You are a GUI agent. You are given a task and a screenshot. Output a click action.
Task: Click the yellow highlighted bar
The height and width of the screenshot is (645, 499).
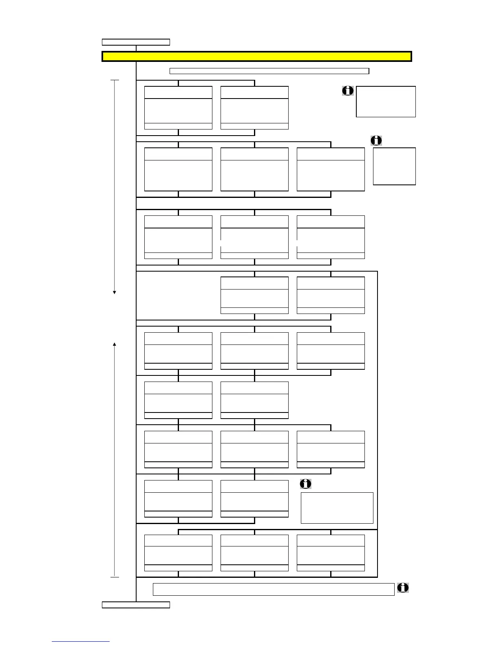point(256,56)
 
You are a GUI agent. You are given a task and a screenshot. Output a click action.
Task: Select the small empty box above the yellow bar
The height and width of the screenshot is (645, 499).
point(136,42)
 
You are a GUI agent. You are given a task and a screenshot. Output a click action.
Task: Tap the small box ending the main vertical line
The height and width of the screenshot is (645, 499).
point(136,605)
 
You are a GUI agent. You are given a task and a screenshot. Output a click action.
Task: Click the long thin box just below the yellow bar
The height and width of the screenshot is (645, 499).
point(269,71)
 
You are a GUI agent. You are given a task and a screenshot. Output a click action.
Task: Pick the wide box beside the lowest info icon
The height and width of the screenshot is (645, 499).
point(274,589)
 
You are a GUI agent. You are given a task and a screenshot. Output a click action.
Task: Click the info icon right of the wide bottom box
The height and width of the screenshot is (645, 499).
point(403,588)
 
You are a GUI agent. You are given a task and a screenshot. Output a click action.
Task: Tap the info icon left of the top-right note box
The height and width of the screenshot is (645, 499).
point(348,90)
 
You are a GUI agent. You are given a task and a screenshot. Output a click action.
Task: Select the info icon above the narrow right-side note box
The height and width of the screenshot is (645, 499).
point(376,140)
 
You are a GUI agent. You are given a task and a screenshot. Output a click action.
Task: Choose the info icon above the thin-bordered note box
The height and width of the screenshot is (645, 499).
point(306,484)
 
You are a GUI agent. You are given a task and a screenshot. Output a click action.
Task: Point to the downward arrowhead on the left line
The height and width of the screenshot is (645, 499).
point(115,292)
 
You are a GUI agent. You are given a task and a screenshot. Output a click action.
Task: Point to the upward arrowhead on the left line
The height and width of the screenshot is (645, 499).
point(115,344)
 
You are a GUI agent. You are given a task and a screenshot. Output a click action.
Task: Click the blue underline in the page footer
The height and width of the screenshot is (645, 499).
point(81,642)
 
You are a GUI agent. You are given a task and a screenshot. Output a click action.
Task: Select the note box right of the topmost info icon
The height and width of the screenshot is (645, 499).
point(386,101)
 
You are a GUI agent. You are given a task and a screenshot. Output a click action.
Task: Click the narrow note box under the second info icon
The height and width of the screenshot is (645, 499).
point(394,166)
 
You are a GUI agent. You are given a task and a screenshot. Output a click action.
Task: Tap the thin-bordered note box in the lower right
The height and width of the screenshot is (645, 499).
point(337,508)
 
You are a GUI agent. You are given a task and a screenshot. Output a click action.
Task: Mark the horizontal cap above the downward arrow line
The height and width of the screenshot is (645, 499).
point(115,80)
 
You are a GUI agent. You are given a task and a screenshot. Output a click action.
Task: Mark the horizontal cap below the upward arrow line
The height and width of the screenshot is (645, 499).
point(115,577)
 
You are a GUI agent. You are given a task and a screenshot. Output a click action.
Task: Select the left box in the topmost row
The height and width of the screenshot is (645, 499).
point(178,107)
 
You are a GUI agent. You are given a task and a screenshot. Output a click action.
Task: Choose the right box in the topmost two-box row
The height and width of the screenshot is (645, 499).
point(254,107)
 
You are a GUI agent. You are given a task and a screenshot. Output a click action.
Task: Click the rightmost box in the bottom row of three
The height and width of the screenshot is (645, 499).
point(331,553)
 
